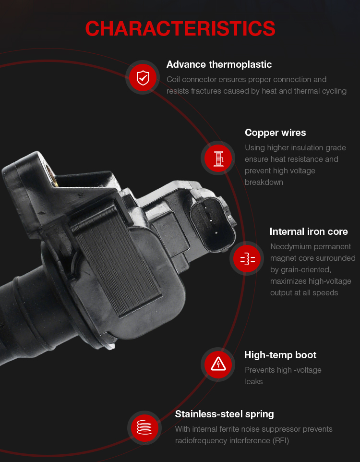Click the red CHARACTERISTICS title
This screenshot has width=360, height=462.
click(180, 29)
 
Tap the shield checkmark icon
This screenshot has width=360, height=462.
click(143, 77)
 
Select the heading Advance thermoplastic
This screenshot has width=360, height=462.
click(219, 64)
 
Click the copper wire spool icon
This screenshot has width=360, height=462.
click(218, 158)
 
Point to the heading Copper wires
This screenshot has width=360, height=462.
click(275, 133)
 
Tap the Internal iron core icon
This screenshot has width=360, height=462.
click(247, 258)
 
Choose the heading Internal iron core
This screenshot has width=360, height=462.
click(309, 231)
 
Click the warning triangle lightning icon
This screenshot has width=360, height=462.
click(218, 364)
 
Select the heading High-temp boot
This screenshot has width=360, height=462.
click(280, 355)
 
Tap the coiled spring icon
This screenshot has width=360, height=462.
click(144, 427)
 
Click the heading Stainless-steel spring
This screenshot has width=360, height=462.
click(224, 414)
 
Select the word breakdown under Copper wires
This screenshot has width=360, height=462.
click(264, 182)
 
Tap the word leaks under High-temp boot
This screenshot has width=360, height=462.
click(253, 382)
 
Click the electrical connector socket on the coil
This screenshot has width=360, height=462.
click(212, 223)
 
